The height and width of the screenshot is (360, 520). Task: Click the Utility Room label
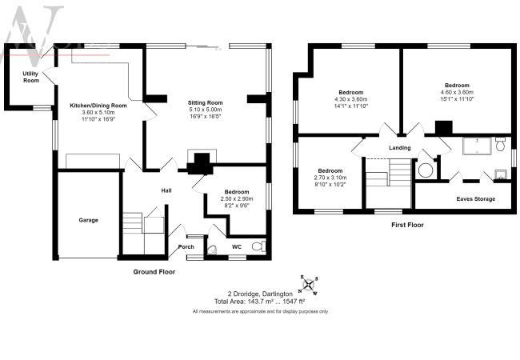coord(31,77)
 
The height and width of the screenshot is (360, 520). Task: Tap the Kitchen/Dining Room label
coord(98,106)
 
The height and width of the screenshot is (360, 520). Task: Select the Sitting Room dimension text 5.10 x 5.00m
coord(206,110)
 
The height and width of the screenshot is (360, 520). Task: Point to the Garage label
coord(88,220)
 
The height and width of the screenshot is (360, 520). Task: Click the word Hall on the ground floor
coord(166,190)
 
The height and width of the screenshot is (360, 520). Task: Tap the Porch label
coord(186,246)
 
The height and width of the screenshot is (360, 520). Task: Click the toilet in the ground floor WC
coord(259,246)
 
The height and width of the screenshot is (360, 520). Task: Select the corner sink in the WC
coord(212,250)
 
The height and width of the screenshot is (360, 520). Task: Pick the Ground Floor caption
coord(154,272)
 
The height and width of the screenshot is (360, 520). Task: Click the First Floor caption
coord(407,225)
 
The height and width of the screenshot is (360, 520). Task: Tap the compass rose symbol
coord(309,285)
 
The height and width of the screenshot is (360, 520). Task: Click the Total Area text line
coord(259,302)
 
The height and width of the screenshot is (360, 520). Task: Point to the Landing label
coord(400,147)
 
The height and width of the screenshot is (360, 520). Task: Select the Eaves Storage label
coord(475,199)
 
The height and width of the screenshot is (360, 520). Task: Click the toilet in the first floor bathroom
coord(500,144)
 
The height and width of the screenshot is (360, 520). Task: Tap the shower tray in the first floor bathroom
coord(478,146)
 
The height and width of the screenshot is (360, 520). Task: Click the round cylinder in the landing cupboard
coord(426,170)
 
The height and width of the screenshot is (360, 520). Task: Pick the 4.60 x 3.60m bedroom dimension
coord(457,92)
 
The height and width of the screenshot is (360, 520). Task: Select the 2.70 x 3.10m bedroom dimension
coord(330,178)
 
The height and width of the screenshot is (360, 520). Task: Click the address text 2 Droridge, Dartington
coord(260,294)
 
